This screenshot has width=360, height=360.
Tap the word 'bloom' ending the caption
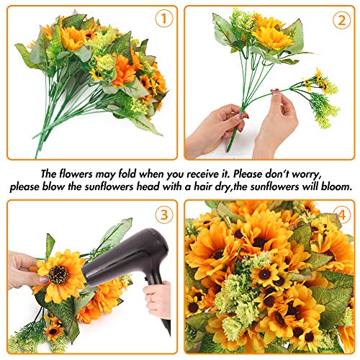coord(336,186)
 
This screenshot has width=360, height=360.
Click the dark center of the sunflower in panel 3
coord(58,274)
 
